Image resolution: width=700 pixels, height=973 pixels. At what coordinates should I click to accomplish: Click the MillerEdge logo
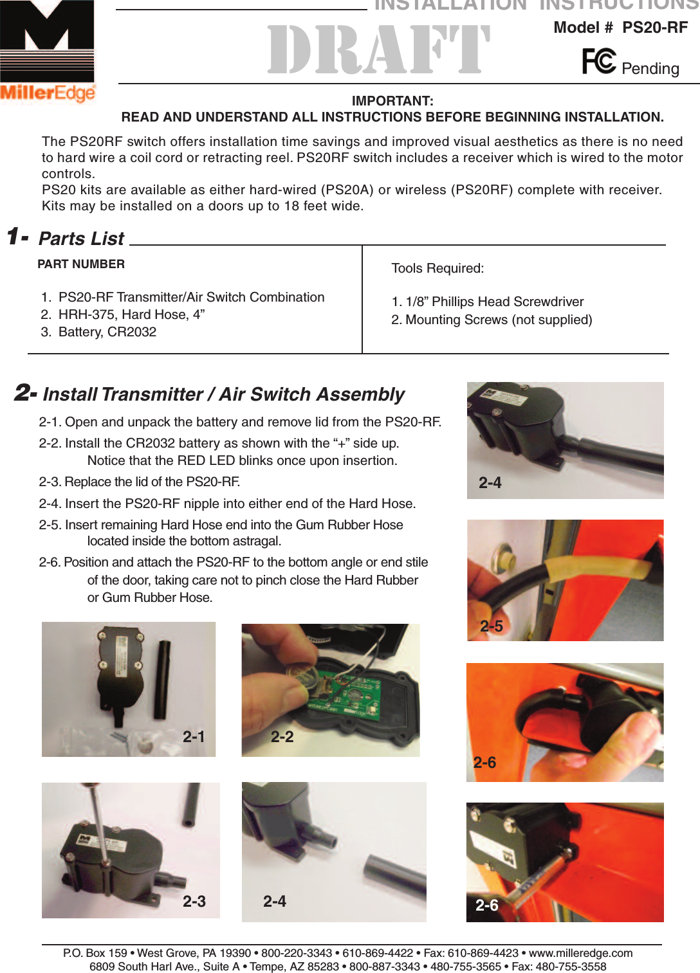point(47,51)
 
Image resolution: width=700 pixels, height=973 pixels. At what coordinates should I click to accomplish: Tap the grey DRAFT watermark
point(379,50)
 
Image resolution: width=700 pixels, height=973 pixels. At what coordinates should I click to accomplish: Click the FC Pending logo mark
point(599,62)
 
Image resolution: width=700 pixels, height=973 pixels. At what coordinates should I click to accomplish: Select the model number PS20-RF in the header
point(654,28)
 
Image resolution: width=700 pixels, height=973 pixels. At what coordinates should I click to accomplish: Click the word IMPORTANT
point(392,101)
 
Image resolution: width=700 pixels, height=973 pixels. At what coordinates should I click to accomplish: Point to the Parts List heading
point(81,239)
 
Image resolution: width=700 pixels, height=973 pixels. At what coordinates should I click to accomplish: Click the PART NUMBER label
point(81,264)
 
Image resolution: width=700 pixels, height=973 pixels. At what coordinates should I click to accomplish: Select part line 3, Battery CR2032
point(107,332)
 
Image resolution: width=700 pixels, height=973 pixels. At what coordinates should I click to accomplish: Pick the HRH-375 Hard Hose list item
point(131,314)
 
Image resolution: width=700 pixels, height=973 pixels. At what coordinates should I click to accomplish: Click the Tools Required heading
point(438,268)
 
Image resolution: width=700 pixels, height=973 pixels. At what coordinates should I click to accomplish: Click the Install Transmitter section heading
point(223,394)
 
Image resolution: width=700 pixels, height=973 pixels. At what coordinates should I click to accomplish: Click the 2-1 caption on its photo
point(194,737)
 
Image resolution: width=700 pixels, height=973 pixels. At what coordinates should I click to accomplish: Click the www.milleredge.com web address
point(580,953)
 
